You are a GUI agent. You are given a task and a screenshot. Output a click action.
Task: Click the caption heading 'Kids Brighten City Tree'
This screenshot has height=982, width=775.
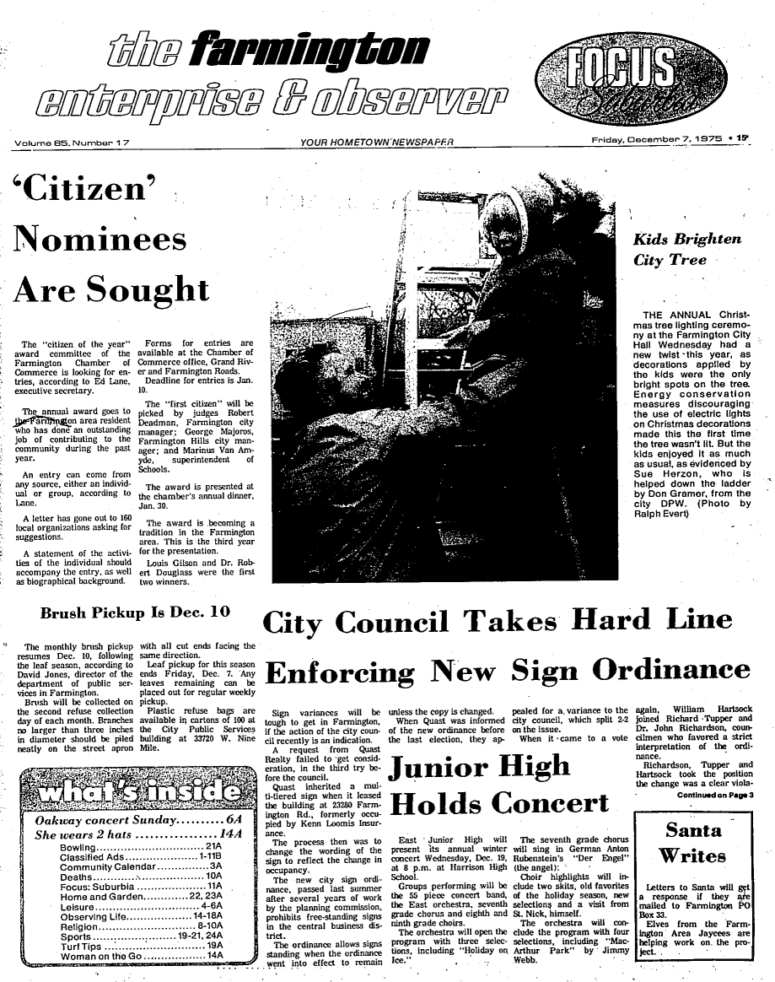(x=687, y=249)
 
